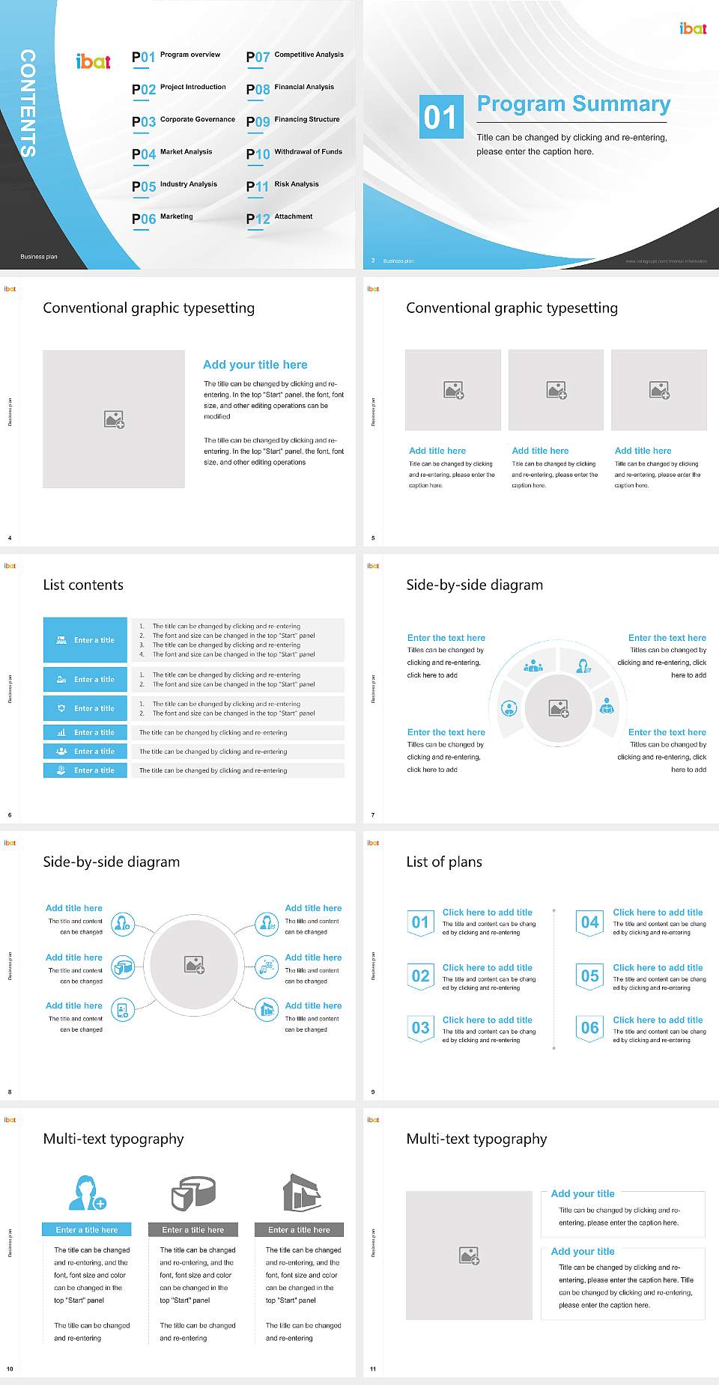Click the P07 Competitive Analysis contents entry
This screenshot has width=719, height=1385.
pyautogui.click(x=294, y=56)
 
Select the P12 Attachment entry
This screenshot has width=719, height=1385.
pyautogui.click(x=279, y=218)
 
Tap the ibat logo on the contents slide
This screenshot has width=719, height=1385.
pyautogui.click(x=94, y=62)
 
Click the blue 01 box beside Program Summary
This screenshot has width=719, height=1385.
pyautogui.click(x=440, y=117)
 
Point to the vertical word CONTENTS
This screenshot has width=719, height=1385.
pyautogui.click(x=28, y=103)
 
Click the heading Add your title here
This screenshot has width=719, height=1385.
pyautogui.click(x=255, y=365)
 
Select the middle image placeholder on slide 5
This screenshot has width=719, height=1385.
pyautogui.click(x=556, y=390)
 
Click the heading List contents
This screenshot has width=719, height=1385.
pyautogui.click(x=83, y=585)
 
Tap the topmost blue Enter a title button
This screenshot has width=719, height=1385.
pyautogui.click(x=85, y=640)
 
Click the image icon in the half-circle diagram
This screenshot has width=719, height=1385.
pyautogui.click(x=559, y=707)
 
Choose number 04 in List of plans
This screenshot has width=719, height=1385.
pyautogui.click(x=590, y=922)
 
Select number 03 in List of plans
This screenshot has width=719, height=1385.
pyautogui.click(x=421, y=1028)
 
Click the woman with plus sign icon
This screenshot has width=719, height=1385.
pyautogui.click(x=87, y=1193)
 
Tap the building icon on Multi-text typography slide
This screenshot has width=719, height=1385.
pyautogui.click(x=301, y=1192)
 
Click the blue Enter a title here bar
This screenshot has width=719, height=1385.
pyautogui.click(x=87, y=1230)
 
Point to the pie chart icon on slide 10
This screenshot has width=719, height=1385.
pyautogui.click(x=192, y=1193)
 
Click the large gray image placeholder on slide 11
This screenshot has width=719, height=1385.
pyautogui.click(x=469, y=1255)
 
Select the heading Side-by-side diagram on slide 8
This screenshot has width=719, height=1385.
pyautogui.click(x=111, y=862)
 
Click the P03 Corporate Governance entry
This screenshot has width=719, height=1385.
pyautogui.click(x=183, y=121)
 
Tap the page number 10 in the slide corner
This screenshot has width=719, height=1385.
pyautogui.click(x=10, y=1369)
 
